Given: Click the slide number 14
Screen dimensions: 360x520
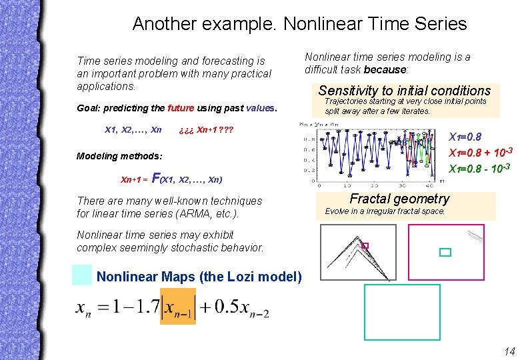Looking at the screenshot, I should [509, 351].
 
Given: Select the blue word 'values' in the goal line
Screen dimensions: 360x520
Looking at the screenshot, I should [260, 108].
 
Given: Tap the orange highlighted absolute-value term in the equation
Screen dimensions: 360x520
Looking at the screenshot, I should [177, 307].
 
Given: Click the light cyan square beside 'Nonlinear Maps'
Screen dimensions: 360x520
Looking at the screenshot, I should [82, 275].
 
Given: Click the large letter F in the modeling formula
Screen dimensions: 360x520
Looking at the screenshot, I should [156, 178].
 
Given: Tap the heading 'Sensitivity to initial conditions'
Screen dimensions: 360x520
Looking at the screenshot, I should [405, 91].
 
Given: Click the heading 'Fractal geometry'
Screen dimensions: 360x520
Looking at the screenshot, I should [399, 199].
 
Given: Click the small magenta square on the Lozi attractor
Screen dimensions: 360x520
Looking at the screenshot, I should [365, 246].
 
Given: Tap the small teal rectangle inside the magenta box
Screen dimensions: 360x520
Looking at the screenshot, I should [445, 252].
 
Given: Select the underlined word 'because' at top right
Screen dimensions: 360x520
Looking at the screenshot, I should [385, 69].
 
